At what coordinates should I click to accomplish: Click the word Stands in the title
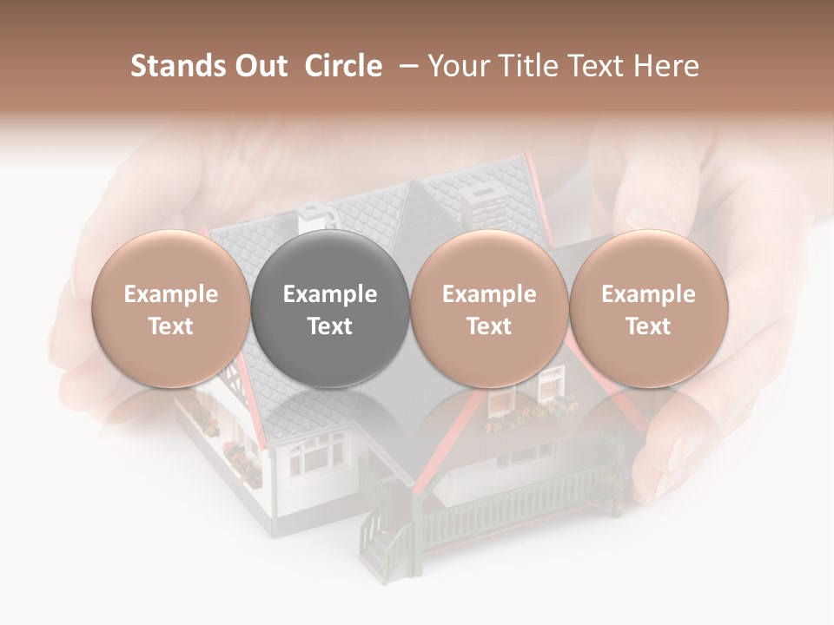pyautogui.click(x=174, y=66)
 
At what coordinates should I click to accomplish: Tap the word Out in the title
pyautogui.click(x=258, y=66)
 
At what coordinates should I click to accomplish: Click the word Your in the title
pyautogui.click(x=456, y=66)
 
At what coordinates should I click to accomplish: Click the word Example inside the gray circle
pyautogui.click(x=330, y=294)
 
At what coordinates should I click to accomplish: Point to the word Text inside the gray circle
pyautogui.click(x=330, y=326)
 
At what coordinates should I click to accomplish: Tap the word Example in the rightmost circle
pyautogui.click(x=648, y=294)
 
